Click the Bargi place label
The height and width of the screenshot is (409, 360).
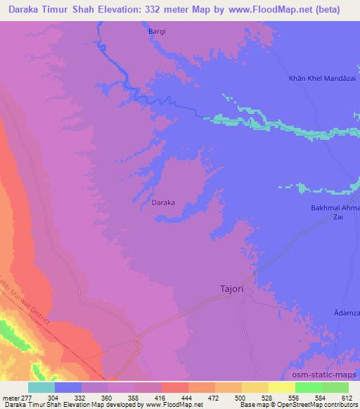[157, 32]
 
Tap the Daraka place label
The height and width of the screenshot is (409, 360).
[162, 203]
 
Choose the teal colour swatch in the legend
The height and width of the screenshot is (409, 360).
[41, 387]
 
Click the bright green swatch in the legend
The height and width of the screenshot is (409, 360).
[308, 387]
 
